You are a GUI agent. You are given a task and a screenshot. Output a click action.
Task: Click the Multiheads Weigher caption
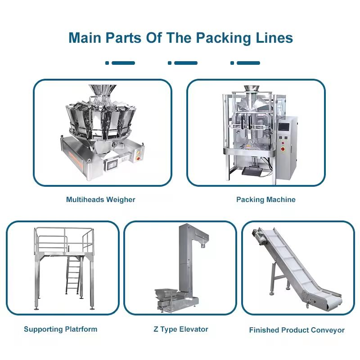point(101,199)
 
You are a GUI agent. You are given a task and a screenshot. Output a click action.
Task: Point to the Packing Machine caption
point(266,199)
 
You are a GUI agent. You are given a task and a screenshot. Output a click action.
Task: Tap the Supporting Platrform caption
point(60,329)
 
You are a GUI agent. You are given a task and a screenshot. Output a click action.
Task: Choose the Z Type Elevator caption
point(180,329)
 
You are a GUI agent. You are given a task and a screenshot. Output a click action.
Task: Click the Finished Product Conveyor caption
point(297,330)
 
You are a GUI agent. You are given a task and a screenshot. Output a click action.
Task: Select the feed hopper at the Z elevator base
point(166,293)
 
